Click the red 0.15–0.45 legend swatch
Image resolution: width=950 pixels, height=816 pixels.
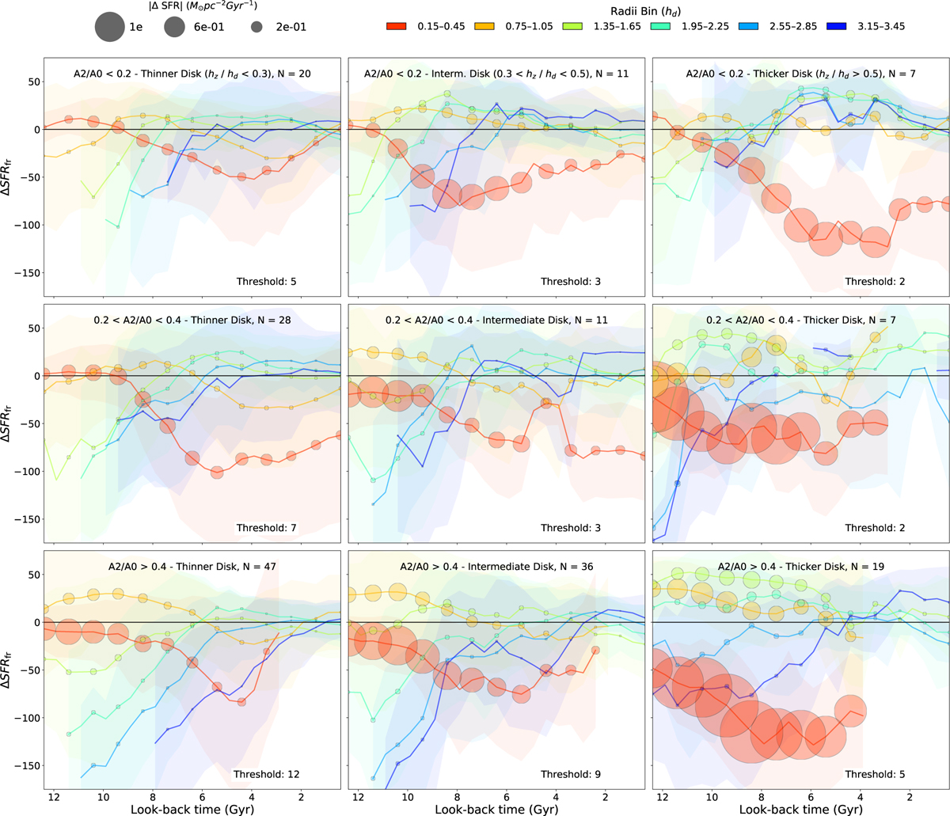(389, 27)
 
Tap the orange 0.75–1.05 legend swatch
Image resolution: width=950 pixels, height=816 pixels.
(477, 27)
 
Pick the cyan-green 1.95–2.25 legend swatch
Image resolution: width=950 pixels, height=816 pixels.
(654, 27)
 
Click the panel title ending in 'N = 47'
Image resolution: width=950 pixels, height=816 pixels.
(192, 567)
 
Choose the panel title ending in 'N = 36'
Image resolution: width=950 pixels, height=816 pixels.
(497, 567)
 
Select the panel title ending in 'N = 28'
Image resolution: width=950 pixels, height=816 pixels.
(192, 321)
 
